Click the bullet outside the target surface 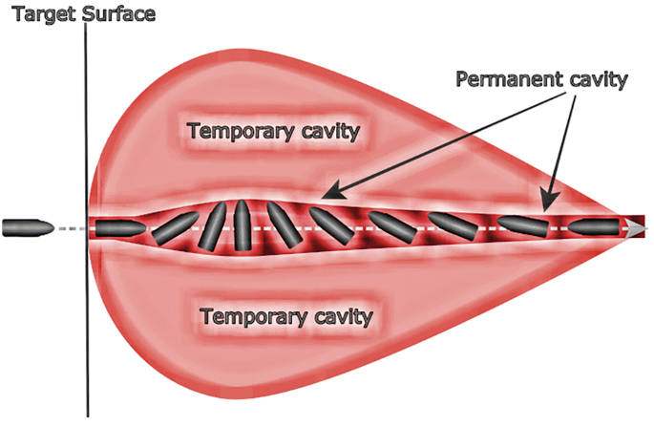pyautogui.click(x=28, y=227)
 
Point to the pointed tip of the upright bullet pyautogui.click(x=243, y=203)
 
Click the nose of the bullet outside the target pyautogui.click(x=48, y=227)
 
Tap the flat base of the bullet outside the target pyautogui.click(x=6, y=227)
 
